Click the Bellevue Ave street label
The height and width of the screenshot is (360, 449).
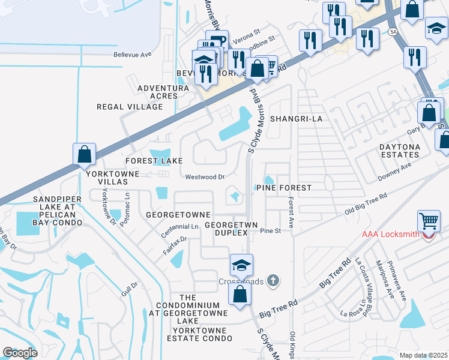[x=133, y=54]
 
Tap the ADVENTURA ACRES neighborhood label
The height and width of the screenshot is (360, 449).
[x=163, y=92]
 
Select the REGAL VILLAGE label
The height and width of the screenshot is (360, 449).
[x=130, y=107]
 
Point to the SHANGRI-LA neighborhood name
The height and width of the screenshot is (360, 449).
[x=297, y=119]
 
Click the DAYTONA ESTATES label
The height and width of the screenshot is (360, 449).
[x=408, y=151]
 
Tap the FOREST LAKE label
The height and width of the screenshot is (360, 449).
[x=154, y=161]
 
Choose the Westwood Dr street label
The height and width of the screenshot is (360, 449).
[x=205, y=177]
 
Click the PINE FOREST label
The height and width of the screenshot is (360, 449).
[x=284, y=188]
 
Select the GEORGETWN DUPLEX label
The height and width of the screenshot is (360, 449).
[x=231, y=229]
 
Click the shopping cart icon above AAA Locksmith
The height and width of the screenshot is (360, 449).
[x=429, y=220]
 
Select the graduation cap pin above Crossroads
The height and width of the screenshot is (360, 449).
[x=241, y=265]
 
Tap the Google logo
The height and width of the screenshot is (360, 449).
[x=20, y=353]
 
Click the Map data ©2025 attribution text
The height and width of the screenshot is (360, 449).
[x=423, y=355]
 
